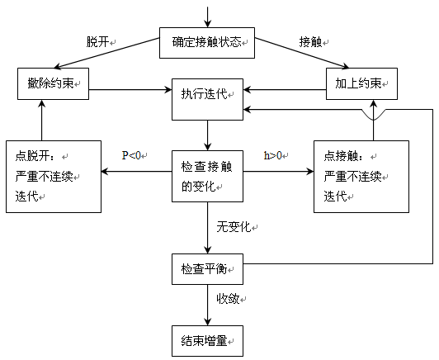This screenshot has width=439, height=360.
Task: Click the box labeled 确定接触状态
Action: [207, 42]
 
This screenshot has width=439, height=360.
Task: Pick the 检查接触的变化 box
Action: [207, 176]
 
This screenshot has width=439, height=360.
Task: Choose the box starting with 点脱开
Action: [53, 174]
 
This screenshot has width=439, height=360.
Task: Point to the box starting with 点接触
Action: [361, 174]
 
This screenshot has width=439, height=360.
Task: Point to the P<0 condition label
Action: [132, 154]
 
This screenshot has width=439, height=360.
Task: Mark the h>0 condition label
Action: [273, 154]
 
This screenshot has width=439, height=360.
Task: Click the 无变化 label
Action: [231, 225]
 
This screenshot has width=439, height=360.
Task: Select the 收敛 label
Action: [229, 298]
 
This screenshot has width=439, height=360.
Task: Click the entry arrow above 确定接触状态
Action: [207, 16]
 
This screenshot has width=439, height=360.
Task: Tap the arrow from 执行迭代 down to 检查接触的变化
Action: [207, 135]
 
